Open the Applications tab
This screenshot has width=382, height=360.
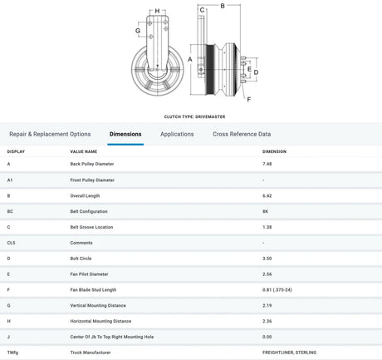click(x=177, y=134)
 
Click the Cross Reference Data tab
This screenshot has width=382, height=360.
click(x=242, y=134)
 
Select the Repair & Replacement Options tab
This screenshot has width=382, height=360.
click(x=50, y=134)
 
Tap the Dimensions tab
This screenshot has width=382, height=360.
click(x=125, y=134)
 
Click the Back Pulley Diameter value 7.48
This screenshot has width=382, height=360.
click(x=267, y=164)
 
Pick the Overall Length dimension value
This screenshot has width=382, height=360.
click(x=267, y=195)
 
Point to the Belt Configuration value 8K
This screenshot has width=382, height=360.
click(x=266, y=211)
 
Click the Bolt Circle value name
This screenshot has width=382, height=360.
click(x=81, y=259)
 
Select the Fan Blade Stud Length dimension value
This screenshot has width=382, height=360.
click(x=277, y=290)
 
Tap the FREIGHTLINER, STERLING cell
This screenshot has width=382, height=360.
click(x=289, y=353)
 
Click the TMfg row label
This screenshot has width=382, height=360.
click(x=12, y=353)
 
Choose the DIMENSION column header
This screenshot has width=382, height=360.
click(x=274, y=151)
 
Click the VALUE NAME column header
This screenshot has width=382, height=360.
click(x=84, y=151)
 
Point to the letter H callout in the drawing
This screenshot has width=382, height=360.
click(x=157, y=11)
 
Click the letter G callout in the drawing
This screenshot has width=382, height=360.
click(x=138, y=31)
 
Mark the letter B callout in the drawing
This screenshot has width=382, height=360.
click(x=223, y=6)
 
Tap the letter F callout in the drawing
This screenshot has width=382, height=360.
click(x=249, y=99)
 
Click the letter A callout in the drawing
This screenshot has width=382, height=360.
click(x=190, y=59)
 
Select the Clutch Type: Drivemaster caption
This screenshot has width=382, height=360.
click(x=194, y=116)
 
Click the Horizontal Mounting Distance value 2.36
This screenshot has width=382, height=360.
click(x=267, y=321)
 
